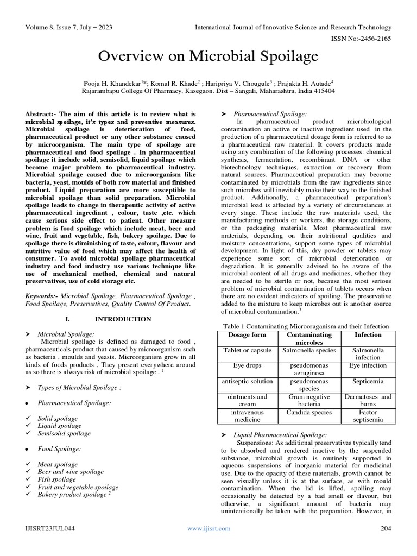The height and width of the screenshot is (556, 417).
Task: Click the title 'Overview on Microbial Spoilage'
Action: (208, 56)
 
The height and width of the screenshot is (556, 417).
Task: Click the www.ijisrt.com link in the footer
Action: (208, 528)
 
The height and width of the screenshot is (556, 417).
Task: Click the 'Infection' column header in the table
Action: (368, 336)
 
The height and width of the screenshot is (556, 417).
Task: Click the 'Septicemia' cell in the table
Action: (368, 381)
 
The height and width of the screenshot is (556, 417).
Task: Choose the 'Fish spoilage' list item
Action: (56, 479)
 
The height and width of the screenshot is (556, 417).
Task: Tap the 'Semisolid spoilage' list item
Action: (64, 433)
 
